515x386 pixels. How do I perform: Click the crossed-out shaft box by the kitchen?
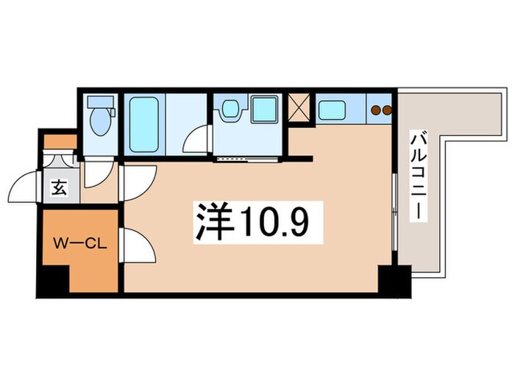pyautogui.click(x=299, y=107)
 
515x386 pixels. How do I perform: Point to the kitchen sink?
pyautogui.click(x=333, y=110)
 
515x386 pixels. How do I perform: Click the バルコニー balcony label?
pyautogui.click(x=420, y=174)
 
